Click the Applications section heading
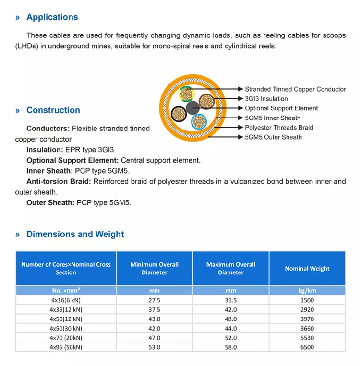(52, 17)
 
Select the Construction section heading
(53, 110)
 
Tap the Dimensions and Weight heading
(75, 235)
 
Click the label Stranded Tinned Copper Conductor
(295, 89)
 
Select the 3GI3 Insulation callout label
(266, 99)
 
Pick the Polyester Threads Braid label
(279, 128)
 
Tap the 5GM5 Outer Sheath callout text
(274, 137)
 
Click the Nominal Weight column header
(307, 269)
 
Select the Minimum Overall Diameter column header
(154, 269)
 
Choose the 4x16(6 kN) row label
(66, 300)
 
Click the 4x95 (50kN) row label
(66, 347)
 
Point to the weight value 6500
(307, 347)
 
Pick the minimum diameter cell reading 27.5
(154, 300)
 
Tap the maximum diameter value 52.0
(231, 338)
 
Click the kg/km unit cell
(307, 291)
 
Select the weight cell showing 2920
(307, 309)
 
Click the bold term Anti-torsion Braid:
(59, 181)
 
